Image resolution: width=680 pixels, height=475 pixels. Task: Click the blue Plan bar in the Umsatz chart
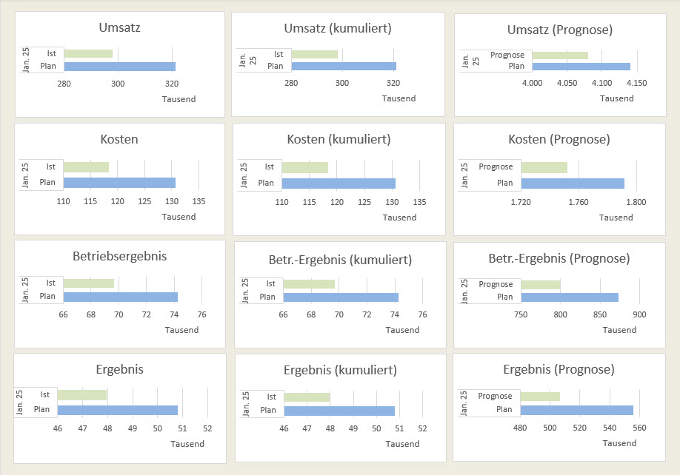click(119, 67)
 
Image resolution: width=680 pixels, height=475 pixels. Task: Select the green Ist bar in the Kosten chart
click(86, 167)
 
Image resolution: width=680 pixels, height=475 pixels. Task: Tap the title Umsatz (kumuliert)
click(338, 28)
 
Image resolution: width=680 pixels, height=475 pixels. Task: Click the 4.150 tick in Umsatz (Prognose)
click(636, 83)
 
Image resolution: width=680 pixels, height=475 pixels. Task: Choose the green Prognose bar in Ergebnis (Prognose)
click(540, 397)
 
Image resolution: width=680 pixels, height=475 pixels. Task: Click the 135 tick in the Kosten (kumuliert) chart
click(419, 202)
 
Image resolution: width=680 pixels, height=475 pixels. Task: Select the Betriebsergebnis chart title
click(119, 257)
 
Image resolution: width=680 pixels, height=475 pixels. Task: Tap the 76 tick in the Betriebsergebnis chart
click(201, 314)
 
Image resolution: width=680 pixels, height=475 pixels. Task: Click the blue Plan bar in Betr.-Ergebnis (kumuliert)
click(341, 297)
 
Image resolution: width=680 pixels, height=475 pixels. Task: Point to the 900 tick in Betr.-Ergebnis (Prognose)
click(639, 314)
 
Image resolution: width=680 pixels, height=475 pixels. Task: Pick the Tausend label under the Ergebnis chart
click(187, 444)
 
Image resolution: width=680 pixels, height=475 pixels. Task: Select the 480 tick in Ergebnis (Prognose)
click(520, 428)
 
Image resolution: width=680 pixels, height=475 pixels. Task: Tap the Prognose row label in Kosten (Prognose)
click(496, 167)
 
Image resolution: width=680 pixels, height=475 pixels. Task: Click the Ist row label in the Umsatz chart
click(50, 53)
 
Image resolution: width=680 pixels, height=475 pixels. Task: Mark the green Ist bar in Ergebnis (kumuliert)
click(307, 397)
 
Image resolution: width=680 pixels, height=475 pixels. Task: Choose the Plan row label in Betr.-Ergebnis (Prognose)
click(504, 297)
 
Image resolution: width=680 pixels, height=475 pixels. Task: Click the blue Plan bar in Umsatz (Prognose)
click(581, 67)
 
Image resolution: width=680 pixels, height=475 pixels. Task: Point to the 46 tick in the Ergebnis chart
click(57, 428)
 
